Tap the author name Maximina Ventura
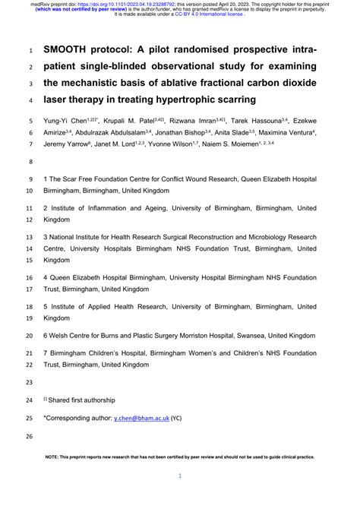click(287, 132)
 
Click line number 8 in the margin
click(30, 163)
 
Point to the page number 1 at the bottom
click(180, 476)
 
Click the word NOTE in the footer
click(55, 457)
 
